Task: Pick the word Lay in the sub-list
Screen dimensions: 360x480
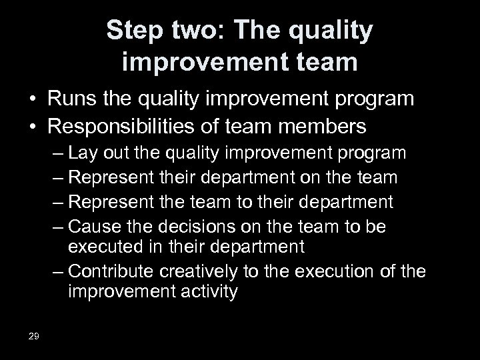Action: click(x=100, y=153)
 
